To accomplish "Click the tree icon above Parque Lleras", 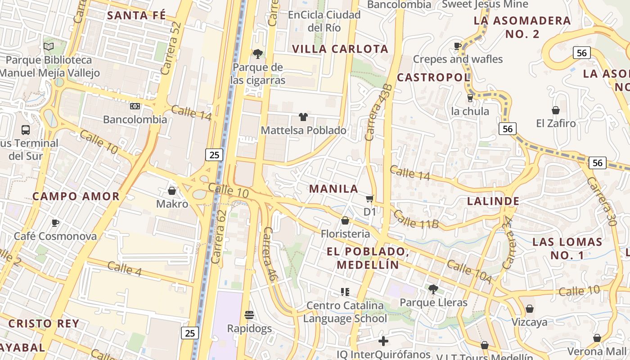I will [x=433, y=289].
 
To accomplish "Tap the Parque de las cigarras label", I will [x=258, y=74].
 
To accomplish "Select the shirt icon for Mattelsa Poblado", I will [x=303, y=117].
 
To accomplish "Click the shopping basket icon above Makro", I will [x=171, y=191].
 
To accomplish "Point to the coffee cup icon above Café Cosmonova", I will [x=55, y=223].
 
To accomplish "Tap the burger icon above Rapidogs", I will [x=249, y=315].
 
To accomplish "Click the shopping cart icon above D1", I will [x=369, y=198].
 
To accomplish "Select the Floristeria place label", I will [x=345, y=234].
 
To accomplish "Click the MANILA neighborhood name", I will [x=333, y=189].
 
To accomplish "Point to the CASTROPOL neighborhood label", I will [x=433, y=77].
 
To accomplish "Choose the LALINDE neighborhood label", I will [x=493, y=201].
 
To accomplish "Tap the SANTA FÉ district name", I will [x=136, y=15].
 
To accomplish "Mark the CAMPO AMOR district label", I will [x=76, y=196].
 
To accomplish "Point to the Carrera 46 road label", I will [x=269, y=254].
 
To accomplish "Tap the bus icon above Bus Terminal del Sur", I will [x=26, y=130].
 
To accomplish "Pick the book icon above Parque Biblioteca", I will [x=49, y=46].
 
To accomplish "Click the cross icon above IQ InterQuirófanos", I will [x=383, y=341].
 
